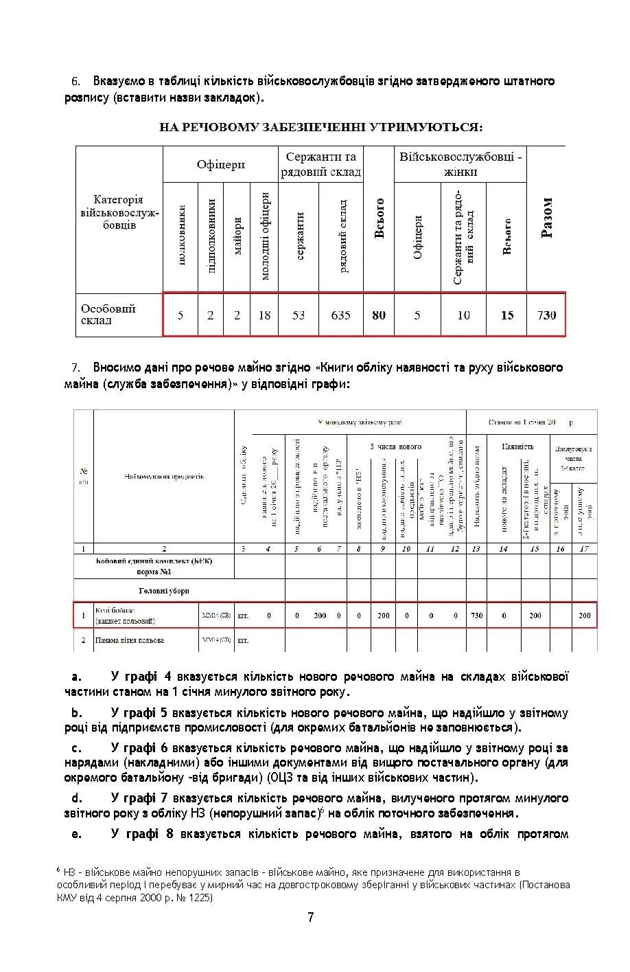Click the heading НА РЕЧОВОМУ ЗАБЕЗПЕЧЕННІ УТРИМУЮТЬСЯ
click(320, 127)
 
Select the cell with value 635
click(340, 315)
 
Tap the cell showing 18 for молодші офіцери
click(264, 315)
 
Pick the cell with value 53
click(299, 315)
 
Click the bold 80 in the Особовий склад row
click(379, 315)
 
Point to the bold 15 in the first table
click(507, 315)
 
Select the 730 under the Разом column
click(546, 315)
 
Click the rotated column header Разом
click(547, 218)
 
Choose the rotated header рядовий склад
click(341, 236)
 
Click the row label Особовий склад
click(108, 315)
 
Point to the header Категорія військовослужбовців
click(119, 212)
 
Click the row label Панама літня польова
click(130, 640)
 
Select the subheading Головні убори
click(163, 591)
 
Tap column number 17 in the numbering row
click(584, 548)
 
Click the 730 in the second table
click(477, 615)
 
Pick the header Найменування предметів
click(164, 477)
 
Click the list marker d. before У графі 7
click(77, 798)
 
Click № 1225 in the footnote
click(195, 898)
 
